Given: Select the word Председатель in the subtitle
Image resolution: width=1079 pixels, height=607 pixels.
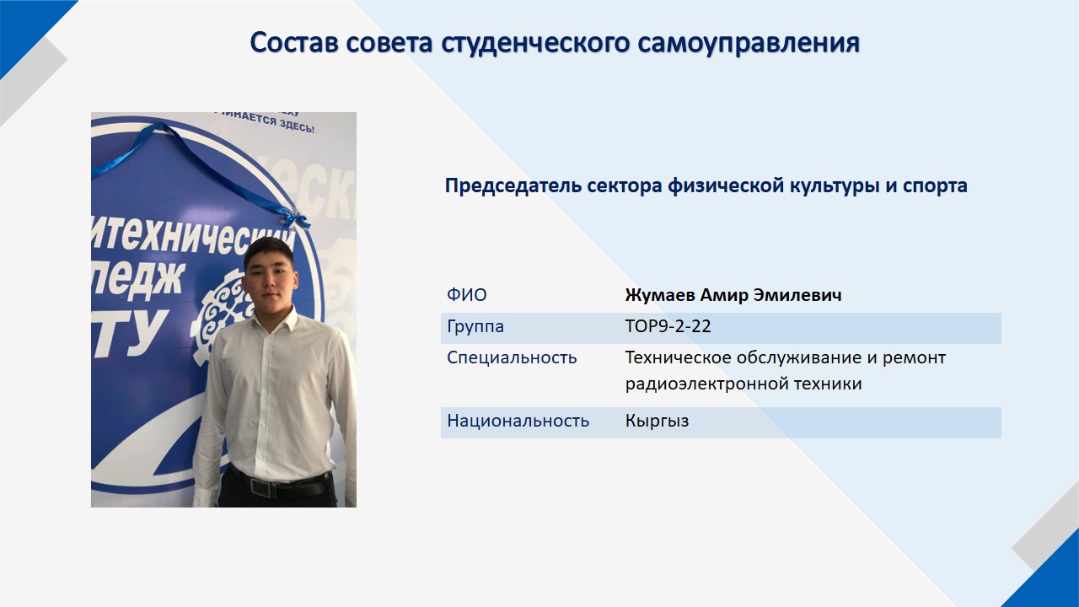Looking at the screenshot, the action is click(513, 186).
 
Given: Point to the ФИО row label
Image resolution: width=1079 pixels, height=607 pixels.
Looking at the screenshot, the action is click(467, 294).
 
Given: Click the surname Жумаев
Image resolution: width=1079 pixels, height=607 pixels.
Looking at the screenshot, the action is click(659, 295).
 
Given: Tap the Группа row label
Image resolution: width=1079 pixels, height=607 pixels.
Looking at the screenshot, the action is click(475, 327).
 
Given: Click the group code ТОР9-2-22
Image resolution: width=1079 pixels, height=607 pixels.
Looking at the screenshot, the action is click(668, 326).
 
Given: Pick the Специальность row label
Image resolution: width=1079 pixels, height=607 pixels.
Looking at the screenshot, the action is click(512, 358).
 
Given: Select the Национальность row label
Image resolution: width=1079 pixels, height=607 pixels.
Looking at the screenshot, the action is click(518, 421).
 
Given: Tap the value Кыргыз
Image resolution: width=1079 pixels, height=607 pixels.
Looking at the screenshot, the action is click(657, 421).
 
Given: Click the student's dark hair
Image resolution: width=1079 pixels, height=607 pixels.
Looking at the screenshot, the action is click(268, 250).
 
